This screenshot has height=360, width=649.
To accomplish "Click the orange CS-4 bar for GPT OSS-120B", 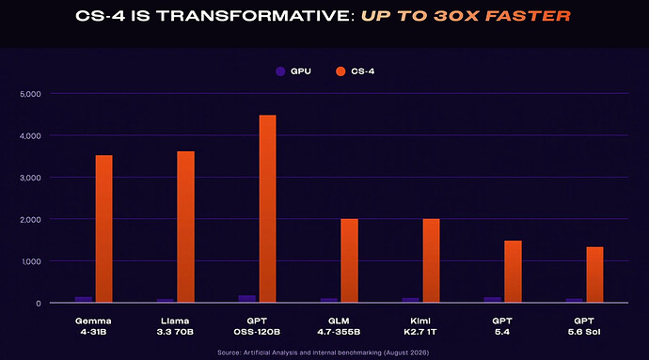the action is [x=267, y=209].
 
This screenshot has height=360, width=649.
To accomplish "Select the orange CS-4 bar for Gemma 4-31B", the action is [x=103, y=228].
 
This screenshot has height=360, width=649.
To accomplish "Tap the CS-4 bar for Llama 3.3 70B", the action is [x=185, y=227].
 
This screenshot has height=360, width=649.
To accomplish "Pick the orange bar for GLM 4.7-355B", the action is [x=349, y=260].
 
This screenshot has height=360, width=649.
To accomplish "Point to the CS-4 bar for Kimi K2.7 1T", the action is [x=432, y=260].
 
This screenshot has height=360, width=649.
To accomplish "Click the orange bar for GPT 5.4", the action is [x=513, y=272].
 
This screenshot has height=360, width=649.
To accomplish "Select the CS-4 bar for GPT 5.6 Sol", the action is [x=594, y=274].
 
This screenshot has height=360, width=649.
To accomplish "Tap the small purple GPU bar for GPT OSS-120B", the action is [x=247, y=299].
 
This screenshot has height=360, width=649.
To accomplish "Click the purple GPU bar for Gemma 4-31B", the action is [x=83, y=300].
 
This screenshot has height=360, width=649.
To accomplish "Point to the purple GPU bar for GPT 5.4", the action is [x=492, y=300].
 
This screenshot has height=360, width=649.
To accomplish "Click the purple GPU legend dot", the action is [x=280, y=71].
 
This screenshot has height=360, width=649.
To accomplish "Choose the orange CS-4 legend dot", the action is [x=340, y=71].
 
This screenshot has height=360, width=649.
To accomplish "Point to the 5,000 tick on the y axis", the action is [x=30, y=94].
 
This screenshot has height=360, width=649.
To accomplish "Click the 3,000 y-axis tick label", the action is [x=30, y=178].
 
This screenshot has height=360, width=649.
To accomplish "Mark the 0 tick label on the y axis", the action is [x=39, y=304].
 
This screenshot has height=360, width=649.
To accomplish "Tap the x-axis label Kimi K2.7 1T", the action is [x=420, y=326].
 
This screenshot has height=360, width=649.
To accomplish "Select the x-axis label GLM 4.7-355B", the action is [x=339, y=326].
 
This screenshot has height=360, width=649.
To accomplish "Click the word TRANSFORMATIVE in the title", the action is [x=256, y=16].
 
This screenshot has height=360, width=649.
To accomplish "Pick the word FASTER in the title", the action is [x=528, y=16].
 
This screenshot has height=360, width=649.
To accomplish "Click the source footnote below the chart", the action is [x=324, y=352].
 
